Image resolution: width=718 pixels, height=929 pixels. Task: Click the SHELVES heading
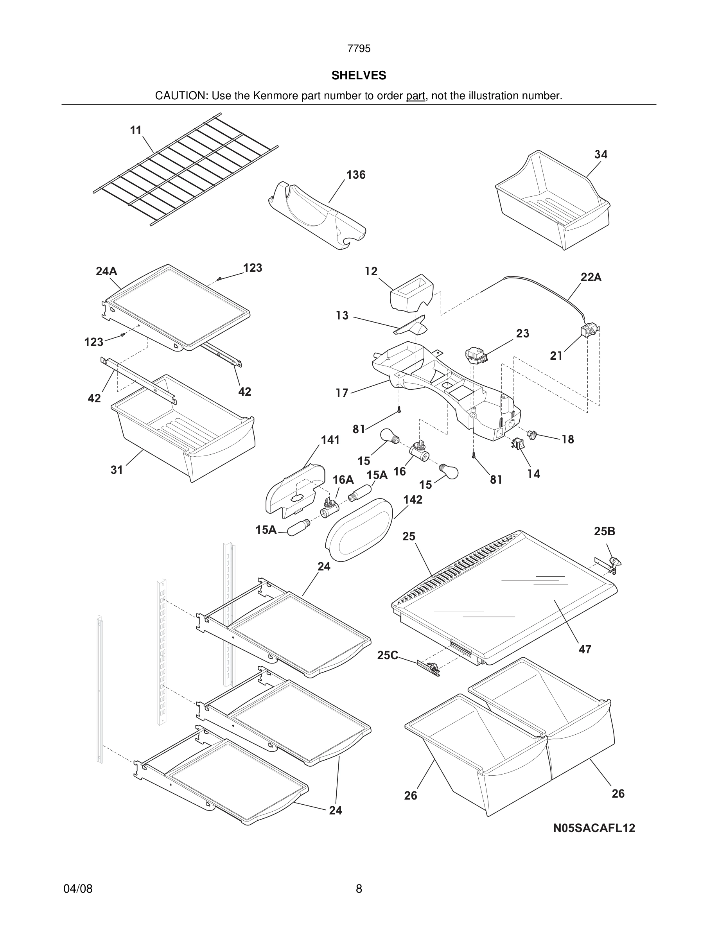[359, 75]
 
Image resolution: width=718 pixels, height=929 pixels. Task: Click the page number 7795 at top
[359, 49]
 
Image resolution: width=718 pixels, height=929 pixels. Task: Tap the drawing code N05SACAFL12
[594, 828]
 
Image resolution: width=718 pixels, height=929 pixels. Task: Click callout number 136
[355, 175]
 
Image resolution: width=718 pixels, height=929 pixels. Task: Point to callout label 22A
[591, 277]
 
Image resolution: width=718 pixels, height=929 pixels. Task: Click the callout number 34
[601, 154]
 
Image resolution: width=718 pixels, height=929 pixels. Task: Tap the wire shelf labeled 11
[185, 169]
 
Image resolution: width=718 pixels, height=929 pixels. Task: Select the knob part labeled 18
[532, 435]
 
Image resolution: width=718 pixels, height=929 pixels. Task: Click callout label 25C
[388, 655]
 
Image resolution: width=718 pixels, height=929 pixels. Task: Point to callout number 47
[585, 649]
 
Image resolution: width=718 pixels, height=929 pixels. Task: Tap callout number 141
[330, 440]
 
